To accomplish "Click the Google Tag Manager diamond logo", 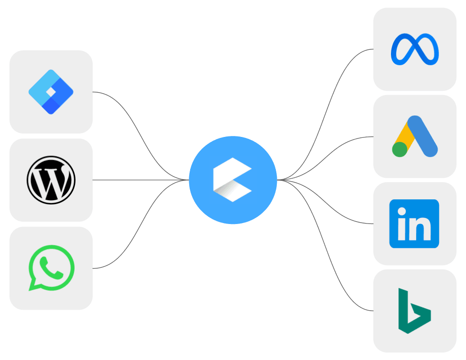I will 51,92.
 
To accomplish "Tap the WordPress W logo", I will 51,180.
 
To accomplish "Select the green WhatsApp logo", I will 51,268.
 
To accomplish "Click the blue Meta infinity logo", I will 415,49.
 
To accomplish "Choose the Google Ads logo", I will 415,136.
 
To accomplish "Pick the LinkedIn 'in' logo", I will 414,224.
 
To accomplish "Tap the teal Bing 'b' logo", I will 414,311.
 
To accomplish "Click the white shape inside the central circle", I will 232,180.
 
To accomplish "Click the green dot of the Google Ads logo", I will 400,149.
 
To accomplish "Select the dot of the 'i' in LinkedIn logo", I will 401,212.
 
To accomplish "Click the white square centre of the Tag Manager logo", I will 50,92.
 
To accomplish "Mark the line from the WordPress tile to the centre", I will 140,180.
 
